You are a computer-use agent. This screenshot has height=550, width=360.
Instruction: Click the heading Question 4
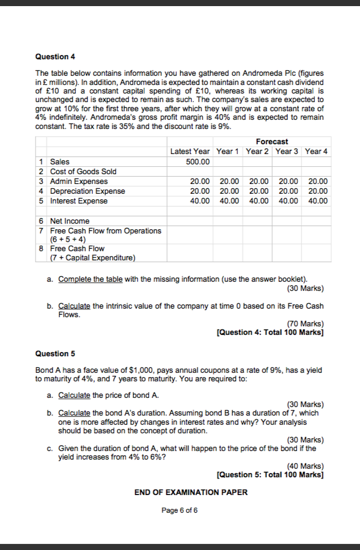pyautogui.click(x=55, y=57)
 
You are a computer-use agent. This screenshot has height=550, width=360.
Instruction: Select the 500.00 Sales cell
pyautogui.click(x=197, y=161)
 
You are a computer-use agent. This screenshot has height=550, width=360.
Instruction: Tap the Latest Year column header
pyautogui.click(x=189, y=151)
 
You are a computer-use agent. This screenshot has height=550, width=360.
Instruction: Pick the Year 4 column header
pyautogui.click(x=317, y=151)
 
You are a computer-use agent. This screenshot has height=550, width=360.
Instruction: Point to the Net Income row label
pyautogui.click(x=70, y=221)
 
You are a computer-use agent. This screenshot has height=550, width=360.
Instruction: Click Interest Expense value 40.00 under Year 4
pyautogui.click(x=318, y=201)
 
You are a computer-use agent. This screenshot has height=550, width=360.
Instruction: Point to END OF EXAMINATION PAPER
pyautogui.click(x=191, y=493)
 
